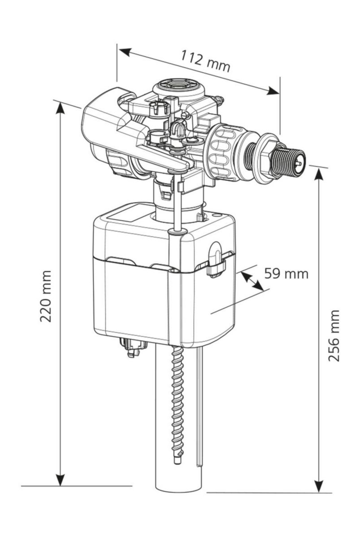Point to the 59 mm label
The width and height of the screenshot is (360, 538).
[286, 273]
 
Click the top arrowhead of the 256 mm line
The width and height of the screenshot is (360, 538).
[319, 175]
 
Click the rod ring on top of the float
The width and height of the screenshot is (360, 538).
[178, 231]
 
